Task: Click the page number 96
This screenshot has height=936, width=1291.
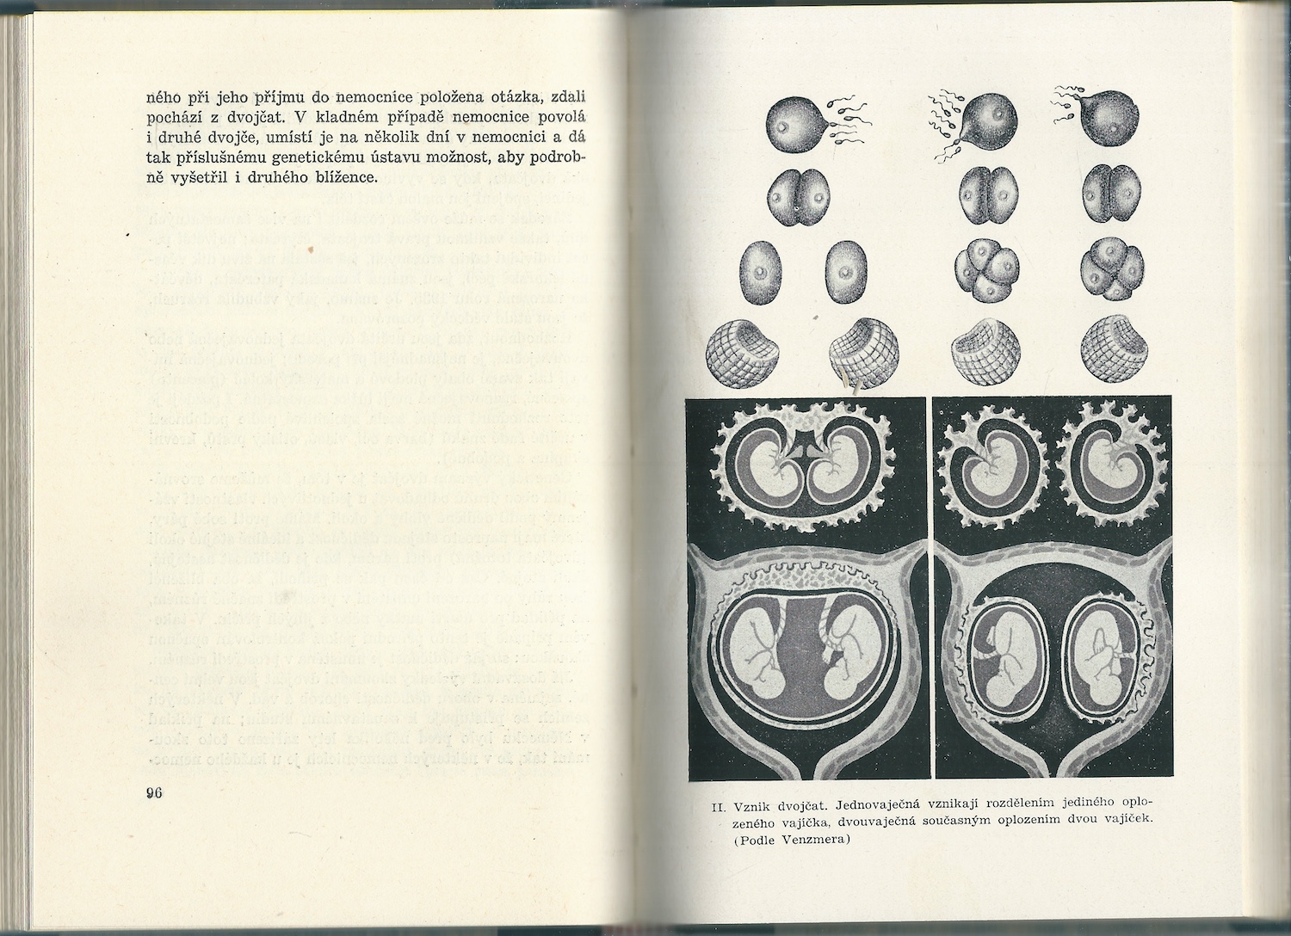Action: [155, 793]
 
